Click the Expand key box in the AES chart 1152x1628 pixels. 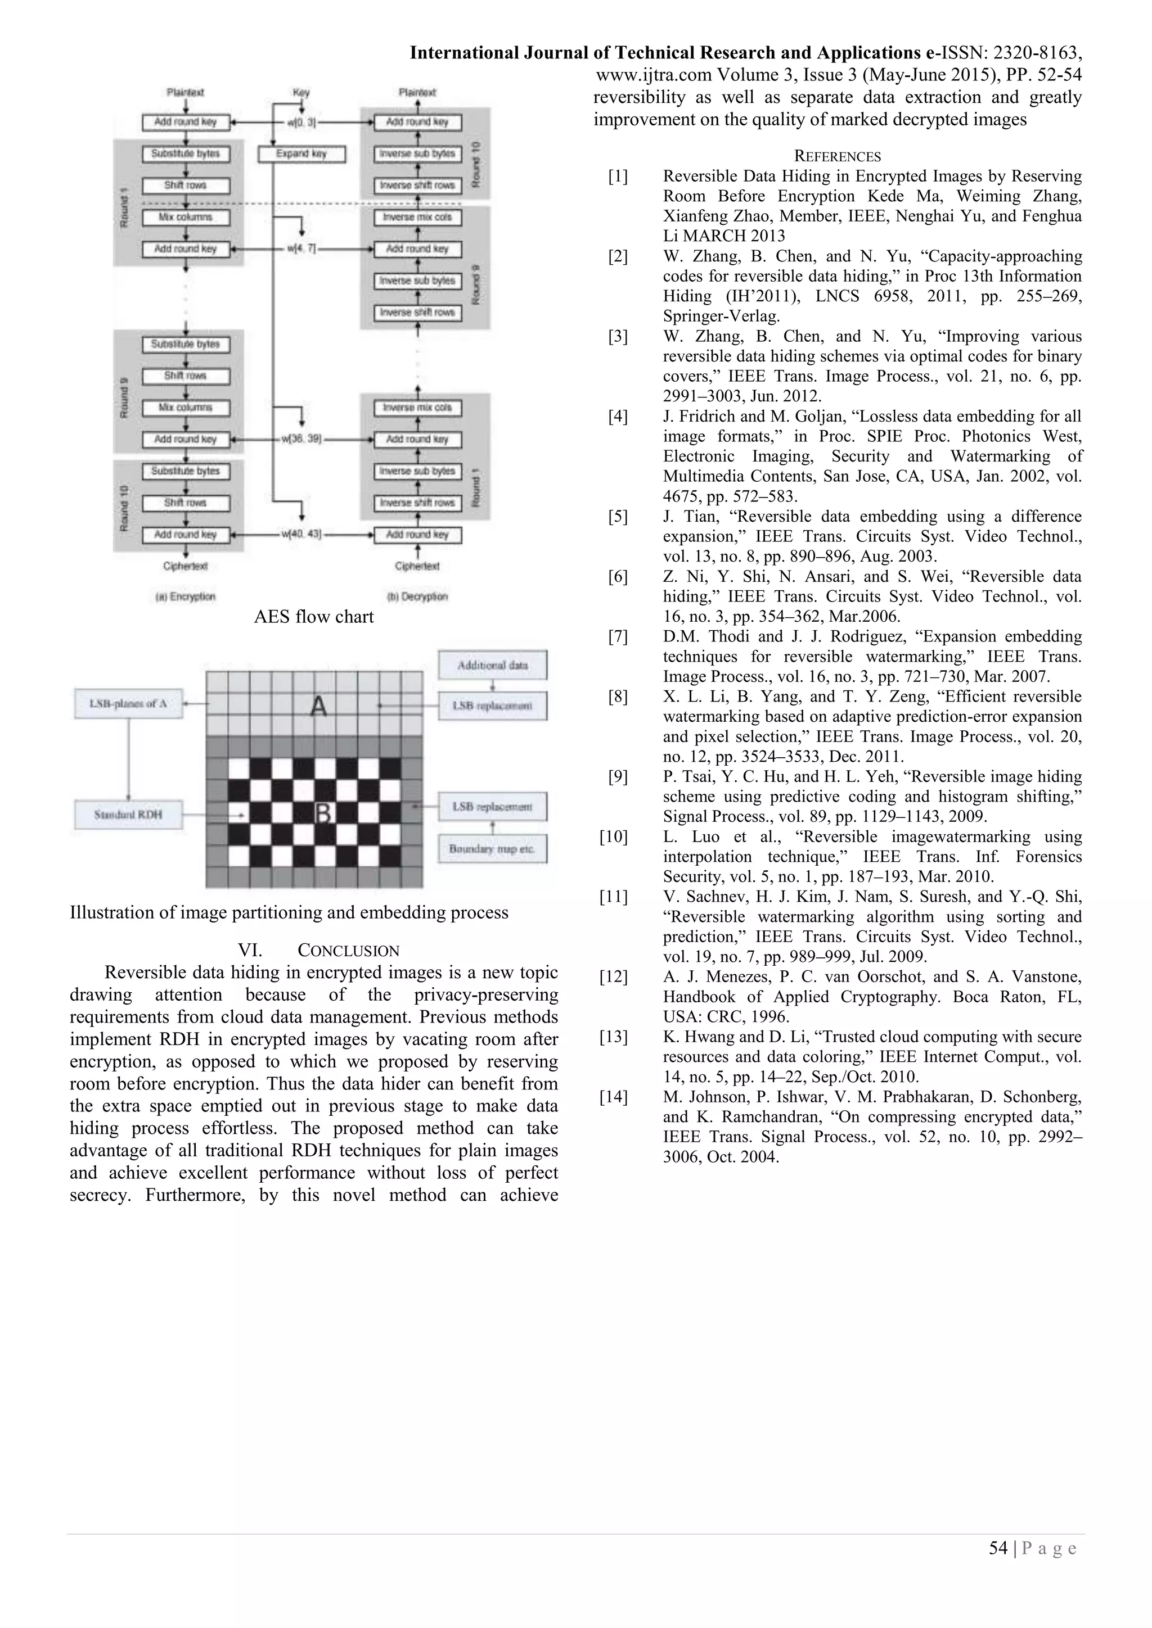point(301,154)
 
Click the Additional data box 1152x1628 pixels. point(492,665)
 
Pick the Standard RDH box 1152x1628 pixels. point(128,815)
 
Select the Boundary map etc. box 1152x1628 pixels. point(492,849)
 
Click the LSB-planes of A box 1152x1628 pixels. point(128,704)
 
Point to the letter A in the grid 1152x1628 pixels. point(318,706)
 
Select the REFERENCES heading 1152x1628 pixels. point(837,157)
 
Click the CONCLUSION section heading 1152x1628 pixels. point(348,951)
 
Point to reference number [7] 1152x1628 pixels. point(618,637)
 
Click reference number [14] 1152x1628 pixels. point(614,1097)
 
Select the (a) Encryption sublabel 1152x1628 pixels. point(185,596)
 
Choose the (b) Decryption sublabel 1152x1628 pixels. point(417,596)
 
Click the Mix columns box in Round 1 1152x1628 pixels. point(186,218)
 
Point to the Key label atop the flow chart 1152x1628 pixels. point(301,92)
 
